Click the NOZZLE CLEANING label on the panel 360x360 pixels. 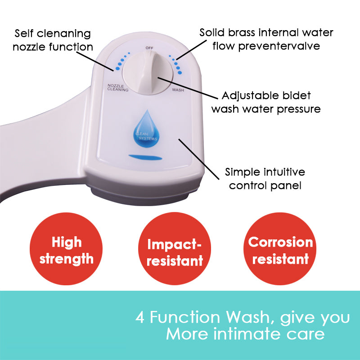point(118,87)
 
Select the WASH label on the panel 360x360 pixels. point(178,90)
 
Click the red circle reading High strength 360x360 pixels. point(67,251)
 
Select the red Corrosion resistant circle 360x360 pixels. point(280,251)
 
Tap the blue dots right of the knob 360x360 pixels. point(176,64)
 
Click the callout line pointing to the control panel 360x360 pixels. point(200,155)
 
